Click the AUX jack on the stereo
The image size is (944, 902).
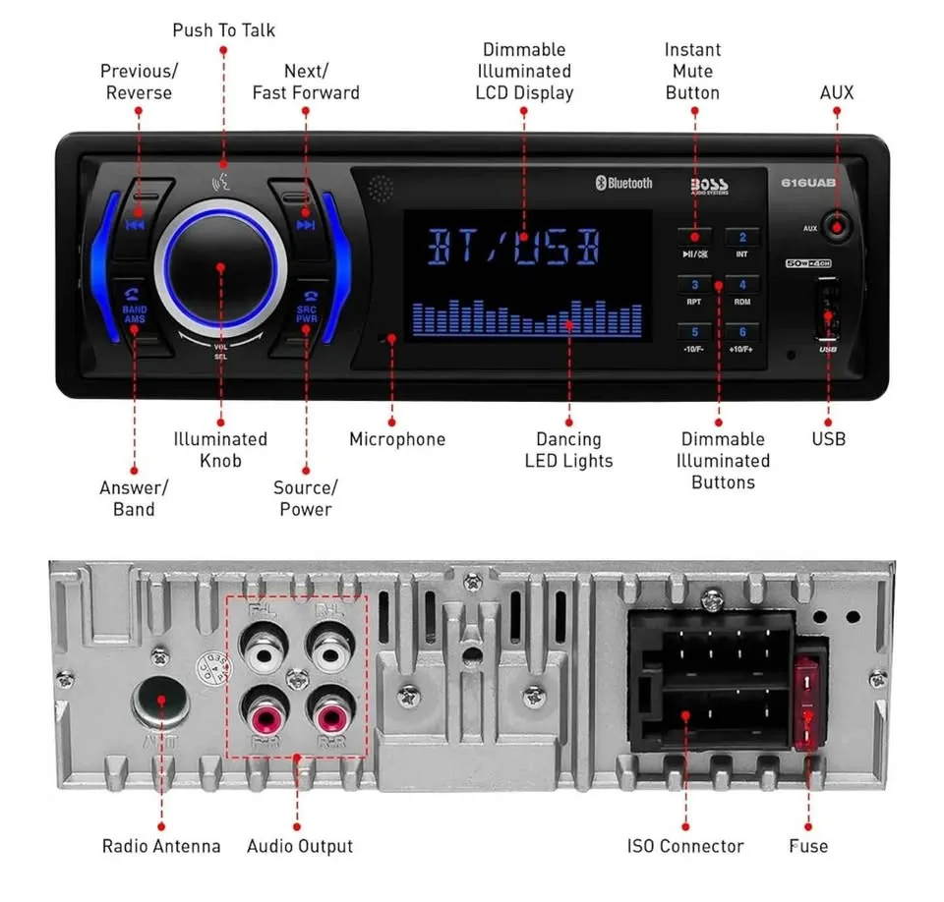[x=836, y=226]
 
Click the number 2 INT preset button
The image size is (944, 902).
[x=742, y=238]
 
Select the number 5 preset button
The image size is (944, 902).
[x=694, y=333]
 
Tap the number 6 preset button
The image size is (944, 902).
[x=742, y=333]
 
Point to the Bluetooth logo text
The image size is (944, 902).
[x=623, y=183]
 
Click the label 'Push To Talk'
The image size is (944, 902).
[x=224, y=30]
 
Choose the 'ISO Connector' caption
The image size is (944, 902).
[x=685, y=846]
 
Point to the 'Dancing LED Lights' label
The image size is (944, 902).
[x=568, y=450]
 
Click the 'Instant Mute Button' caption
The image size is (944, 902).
[x=692, y=71]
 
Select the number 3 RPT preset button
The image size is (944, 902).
[x=694, y=286]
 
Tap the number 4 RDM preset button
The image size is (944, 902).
[x=742, y=286]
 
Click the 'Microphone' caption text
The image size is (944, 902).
[x=397, y=439]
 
